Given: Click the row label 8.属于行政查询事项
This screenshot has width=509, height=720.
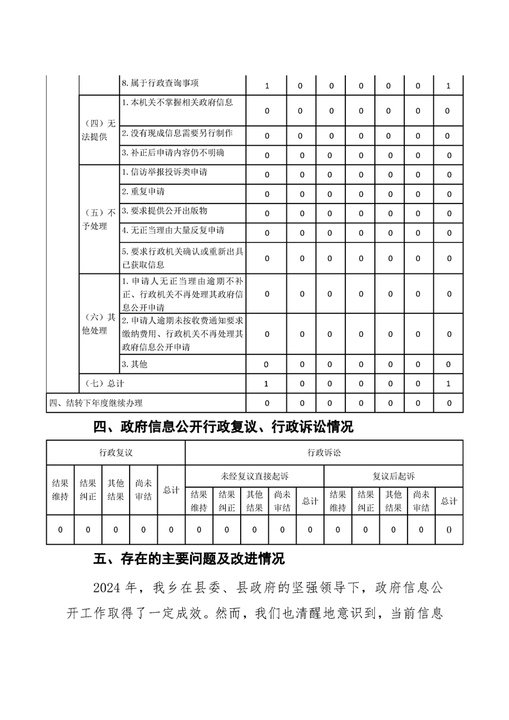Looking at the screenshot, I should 160,84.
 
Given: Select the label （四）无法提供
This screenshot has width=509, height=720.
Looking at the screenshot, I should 99,130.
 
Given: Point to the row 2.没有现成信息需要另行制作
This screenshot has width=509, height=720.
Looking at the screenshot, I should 177,133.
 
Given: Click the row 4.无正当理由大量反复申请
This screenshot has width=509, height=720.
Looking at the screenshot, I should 173,230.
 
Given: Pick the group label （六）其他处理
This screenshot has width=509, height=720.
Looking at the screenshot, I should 99,324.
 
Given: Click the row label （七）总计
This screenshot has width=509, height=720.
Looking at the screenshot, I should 105,383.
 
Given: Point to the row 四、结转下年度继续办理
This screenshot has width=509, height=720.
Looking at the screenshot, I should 96,403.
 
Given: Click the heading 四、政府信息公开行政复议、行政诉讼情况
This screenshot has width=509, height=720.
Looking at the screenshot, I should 223,427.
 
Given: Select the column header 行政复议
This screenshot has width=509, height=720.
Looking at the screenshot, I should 116,452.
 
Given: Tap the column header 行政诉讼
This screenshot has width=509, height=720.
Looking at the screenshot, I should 324,452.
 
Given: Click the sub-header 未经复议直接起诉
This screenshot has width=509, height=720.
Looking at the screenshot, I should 254,476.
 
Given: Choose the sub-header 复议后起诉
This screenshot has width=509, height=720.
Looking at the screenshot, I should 393,476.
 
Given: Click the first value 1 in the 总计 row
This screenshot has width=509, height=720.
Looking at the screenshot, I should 266,383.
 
